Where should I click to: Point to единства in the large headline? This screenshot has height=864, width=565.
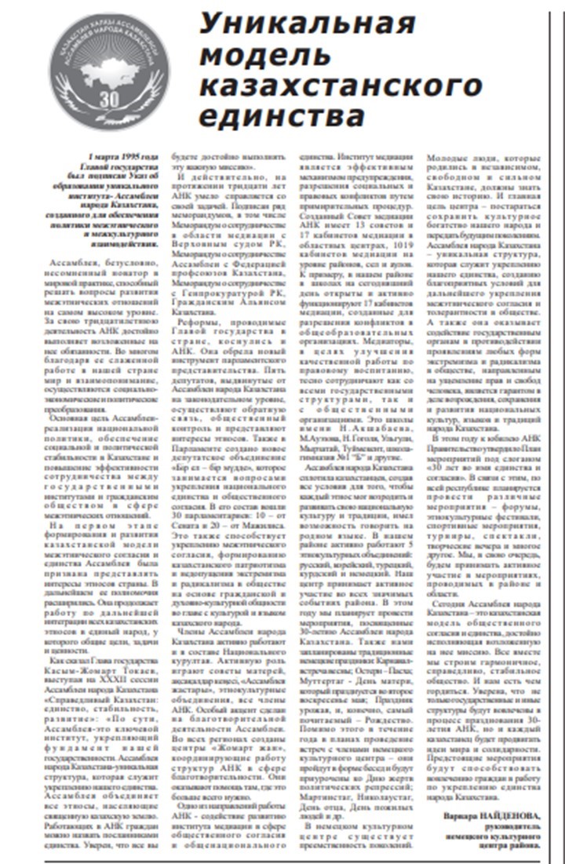click(280, 118)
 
